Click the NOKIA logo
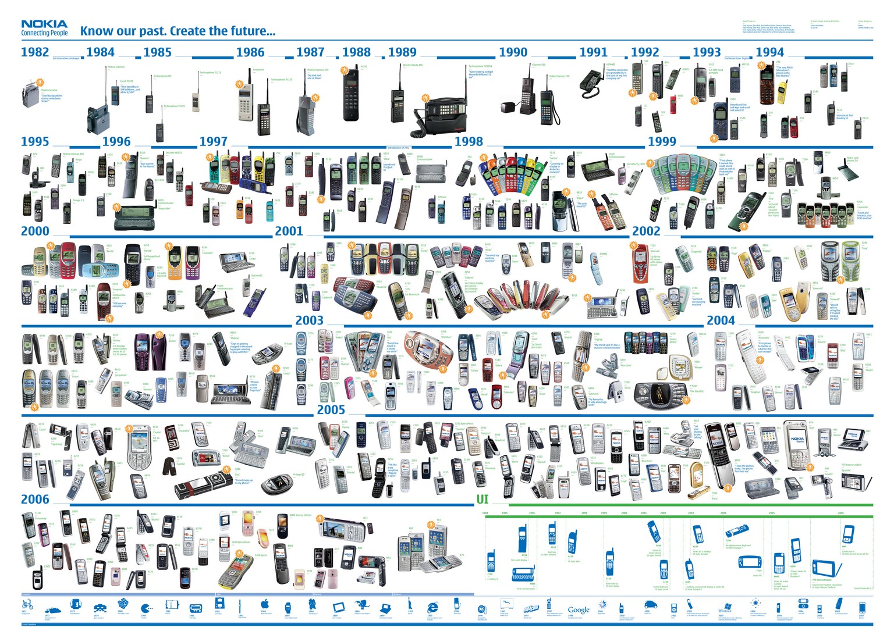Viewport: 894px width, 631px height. [44, 24]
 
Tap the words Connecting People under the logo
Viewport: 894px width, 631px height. [44, 33]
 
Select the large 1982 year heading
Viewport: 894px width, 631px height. [35, 52]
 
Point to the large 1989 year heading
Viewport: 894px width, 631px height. [402, 52]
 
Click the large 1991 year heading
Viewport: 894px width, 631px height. [593, 52]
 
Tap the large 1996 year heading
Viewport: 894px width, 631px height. [116, 141]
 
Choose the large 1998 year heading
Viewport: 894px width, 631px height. [469, 141]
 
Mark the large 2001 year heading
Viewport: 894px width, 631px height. [289, 231]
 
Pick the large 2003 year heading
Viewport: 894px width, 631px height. [309, 320]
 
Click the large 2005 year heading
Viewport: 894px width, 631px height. [331, 409]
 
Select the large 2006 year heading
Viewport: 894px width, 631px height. [35, 499]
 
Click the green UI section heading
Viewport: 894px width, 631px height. [482, 499]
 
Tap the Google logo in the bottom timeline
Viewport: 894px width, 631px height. [579, 610]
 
